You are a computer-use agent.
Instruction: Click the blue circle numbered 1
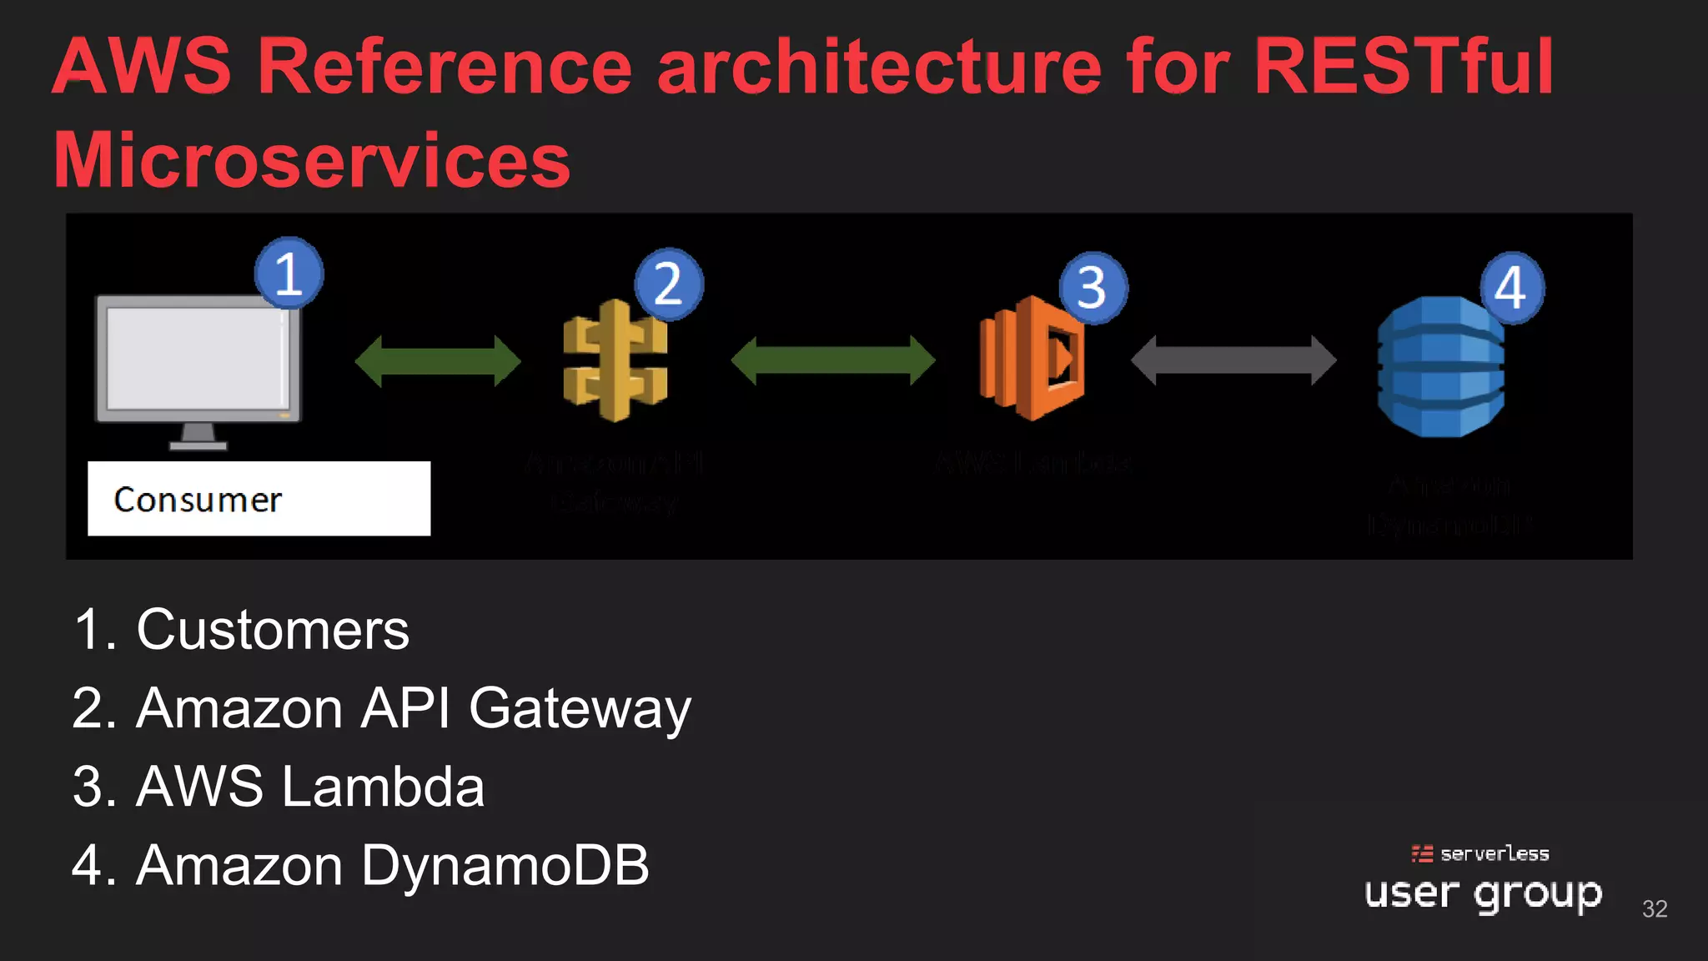tap(289, 274)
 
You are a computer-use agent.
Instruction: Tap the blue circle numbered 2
tap(669, 284)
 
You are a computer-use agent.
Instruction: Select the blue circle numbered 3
tap(1093, 288)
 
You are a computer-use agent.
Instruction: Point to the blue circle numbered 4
tap(1511, 288)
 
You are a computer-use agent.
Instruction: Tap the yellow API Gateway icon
tap(615, 361)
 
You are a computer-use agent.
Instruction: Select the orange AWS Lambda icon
tap(1032, 359)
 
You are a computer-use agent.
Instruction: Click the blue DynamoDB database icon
tap(1440, 367)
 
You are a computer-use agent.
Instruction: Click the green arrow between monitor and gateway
tap(438, 361)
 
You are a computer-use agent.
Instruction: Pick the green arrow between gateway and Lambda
tap(832, 360)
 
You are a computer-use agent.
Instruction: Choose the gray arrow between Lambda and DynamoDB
tap(1233, 360)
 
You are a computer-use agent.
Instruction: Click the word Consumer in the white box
tap(198, 500)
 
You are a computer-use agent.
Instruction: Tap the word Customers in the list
tap(273, 630)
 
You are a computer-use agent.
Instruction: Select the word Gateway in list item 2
tap(580, 709)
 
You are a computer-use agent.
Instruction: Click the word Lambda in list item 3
tap(383, 787)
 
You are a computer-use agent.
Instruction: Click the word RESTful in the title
tap(1404, 67)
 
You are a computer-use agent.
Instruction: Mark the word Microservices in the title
tap(312, 160)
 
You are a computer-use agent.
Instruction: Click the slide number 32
tap(1655, 908)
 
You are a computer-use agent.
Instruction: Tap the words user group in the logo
tap(1483, 894)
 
